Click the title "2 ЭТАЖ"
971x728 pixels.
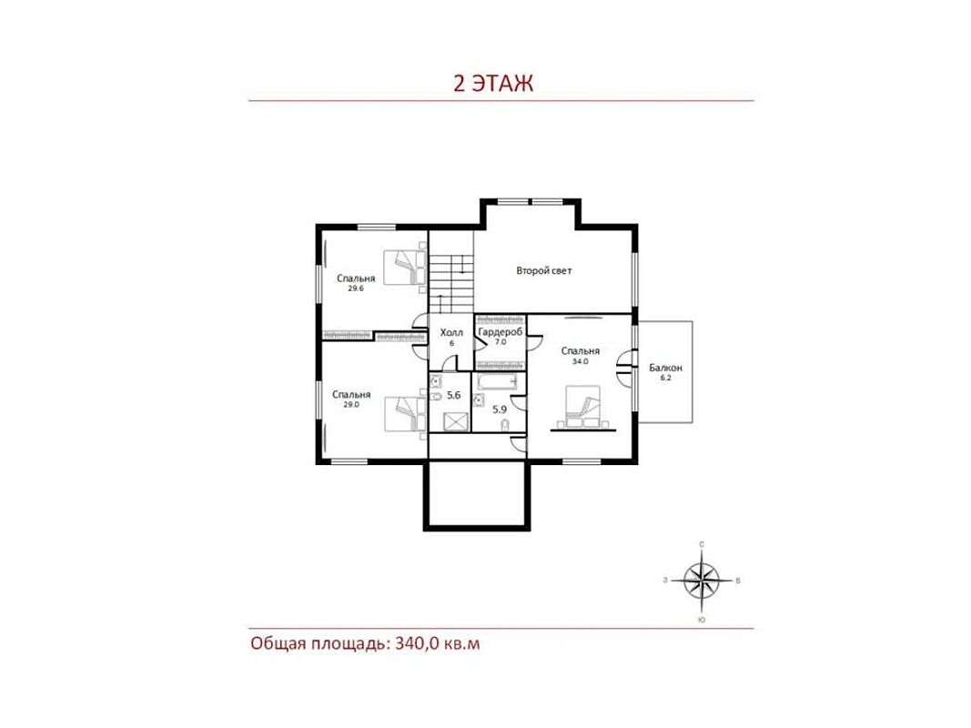click(x=493, y=83)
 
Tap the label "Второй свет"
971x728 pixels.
click(x=543, y=270)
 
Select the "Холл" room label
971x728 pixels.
click(x=451, y=333)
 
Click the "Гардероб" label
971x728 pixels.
click(x=501, y=332)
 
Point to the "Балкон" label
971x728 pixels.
click(x=666, y=368)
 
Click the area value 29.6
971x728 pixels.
click(x=356, y=288)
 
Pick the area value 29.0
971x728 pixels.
click(x=351, y=404)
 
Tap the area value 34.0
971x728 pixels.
click(x=581, y=361)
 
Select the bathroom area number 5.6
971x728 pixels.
click(x=454, y=395)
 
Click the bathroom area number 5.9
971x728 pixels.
click(x=500, y=409)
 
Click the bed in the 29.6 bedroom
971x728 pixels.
click(x=405, y=268)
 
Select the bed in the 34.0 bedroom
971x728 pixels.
click(x=582, y=407)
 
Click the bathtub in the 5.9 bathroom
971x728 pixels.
click(x=497, y=381)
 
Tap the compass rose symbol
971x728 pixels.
click(x=702, y=580)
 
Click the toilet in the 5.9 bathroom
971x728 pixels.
click(x=505, y=424)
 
